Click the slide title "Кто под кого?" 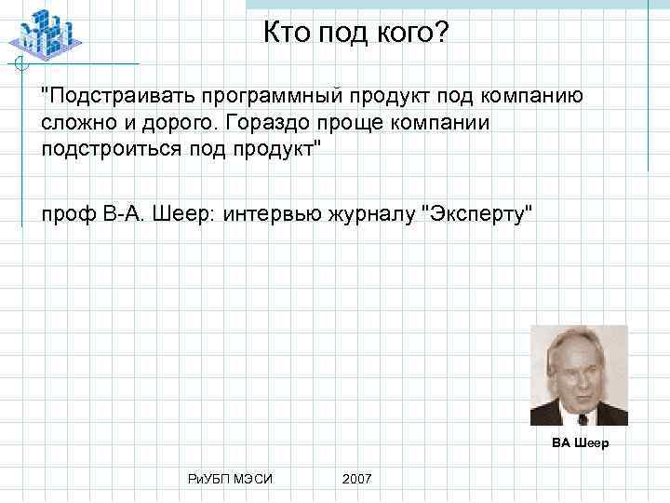[x=355, y=34]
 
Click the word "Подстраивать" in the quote [x=111, y=96]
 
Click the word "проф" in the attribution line [x=65, y=215]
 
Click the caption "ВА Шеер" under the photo [x=580, y=442]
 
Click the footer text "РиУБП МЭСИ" [x=230, y=478]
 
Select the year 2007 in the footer [x=357, y=478]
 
